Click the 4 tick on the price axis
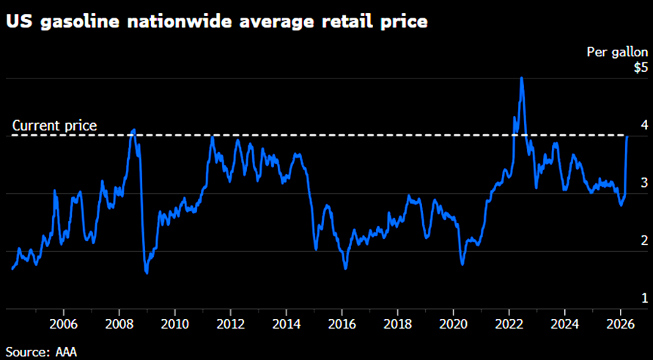click(x=644, y=125)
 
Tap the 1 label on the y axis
click(x=644, y=298)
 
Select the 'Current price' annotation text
click(x=55, y=125)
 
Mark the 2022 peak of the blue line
click(x=521, y=78)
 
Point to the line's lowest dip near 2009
click(x=147, y=273)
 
